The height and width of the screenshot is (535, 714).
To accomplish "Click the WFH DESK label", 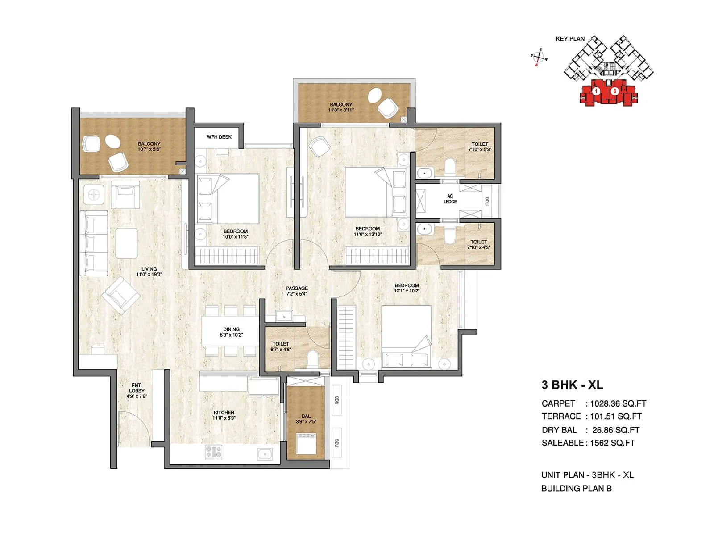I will tap(219, 137).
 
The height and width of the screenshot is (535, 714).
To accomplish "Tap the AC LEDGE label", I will tap(450, 199).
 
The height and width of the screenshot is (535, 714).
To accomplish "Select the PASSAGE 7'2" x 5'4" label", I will tap(297, 291).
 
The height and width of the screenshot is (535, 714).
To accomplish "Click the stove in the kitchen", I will tap(214, 453).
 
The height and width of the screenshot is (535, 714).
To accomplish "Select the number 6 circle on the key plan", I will tap(614, 91).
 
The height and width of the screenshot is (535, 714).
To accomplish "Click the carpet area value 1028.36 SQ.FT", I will tap(618, 404).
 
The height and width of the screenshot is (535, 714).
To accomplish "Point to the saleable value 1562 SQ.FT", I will tap(612, 443).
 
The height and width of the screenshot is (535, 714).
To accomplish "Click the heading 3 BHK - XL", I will tap(572, 385).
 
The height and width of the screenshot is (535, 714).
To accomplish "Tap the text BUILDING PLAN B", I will tap(576, 489).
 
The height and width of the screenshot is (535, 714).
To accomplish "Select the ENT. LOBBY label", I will tap(137, 391).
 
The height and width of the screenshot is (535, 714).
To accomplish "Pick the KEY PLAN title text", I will tap(570, 39).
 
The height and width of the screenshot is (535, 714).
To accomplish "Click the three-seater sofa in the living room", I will tap(94, 243).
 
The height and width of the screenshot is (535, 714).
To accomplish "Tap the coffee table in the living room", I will tap(126, 243).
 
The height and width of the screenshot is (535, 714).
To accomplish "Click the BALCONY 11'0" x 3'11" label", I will tap(341, 107).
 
